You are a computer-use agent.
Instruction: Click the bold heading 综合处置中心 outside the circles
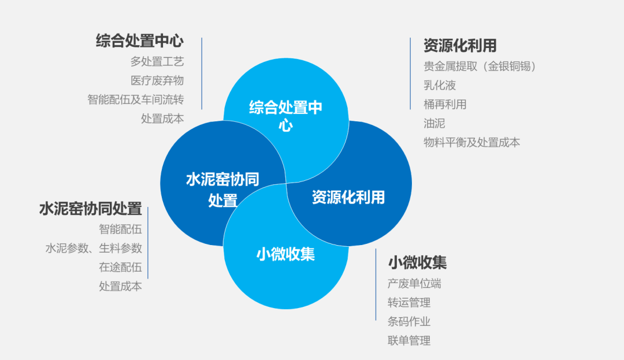pyautogui.click(x=140, y=41)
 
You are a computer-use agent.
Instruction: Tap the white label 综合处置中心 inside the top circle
pyautogui.click(x=285, y=116)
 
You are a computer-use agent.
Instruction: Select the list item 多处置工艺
pyautogui.click(x=157, y=61)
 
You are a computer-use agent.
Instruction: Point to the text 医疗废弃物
pyautogui.click(x=157, y=80)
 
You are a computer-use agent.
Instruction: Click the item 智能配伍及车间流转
pyautogui.click(x=136, y=99)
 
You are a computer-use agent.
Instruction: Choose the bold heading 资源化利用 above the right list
pyautogui.click(x=460, y=46)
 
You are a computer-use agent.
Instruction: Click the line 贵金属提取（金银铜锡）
pyautogui.click(x=480, y=66)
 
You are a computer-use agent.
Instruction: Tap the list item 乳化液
pyautogui.click(x=440, y=85)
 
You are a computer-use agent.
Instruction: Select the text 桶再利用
pyautogui.click(x=445, y=104)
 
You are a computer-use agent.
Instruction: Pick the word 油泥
pyautogui.click(x=434, y=123)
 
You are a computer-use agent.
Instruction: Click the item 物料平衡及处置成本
pyautogui.click(x=471, y=142)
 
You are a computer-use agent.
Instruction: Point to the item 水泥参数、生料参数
pyautogui.click(x=94, y=248)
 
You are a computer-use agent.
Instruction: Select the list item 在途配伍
pyautogui.click(x=120, y=268)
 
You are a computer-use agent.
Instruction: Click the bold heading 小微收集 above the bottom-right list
pyautogui.click(x=417, y=263)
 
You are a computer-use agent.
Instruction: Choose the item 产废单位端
pyautogui.click(x=414, y=284)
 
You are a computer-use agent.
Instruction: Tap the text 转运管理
pyautogui.click(x=409, y=303)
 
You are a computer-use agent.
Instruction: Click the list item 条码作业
pyautogui.click(x=409, y=322)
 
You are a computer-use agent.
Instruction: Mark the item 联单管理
pyautogui.click(x=409, y=341)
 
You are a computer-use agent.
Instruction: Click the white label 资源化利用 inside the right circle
pyautogui.click(x=348, y=197)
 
